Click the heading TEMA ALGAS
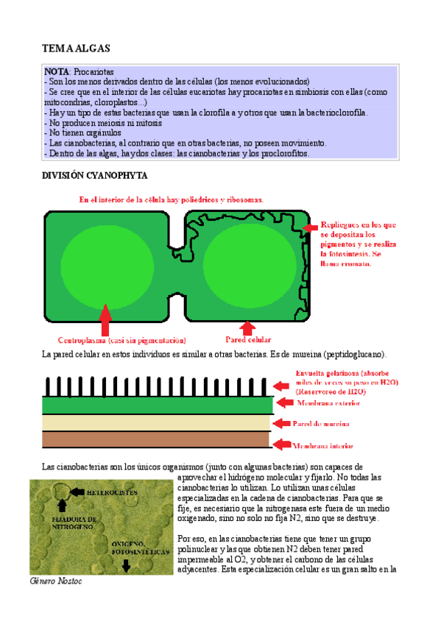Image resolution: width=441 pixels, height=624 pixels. point(76,48)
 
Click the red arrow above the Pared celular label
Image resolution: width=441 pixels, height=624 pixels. point(248,328)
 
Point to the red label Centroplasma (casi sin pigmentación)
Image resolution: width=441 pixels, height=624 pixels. point(121,341)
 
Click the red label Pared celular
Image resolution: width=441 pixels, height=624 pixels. point(248,341)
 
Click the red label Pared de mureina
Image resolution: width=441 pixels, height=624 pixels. point(321,425)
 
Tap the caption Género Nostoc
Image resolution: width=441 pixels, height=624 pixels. point(56,581)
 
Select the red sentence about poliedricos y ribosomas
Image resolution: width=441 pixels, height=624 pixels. point(171,199)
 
